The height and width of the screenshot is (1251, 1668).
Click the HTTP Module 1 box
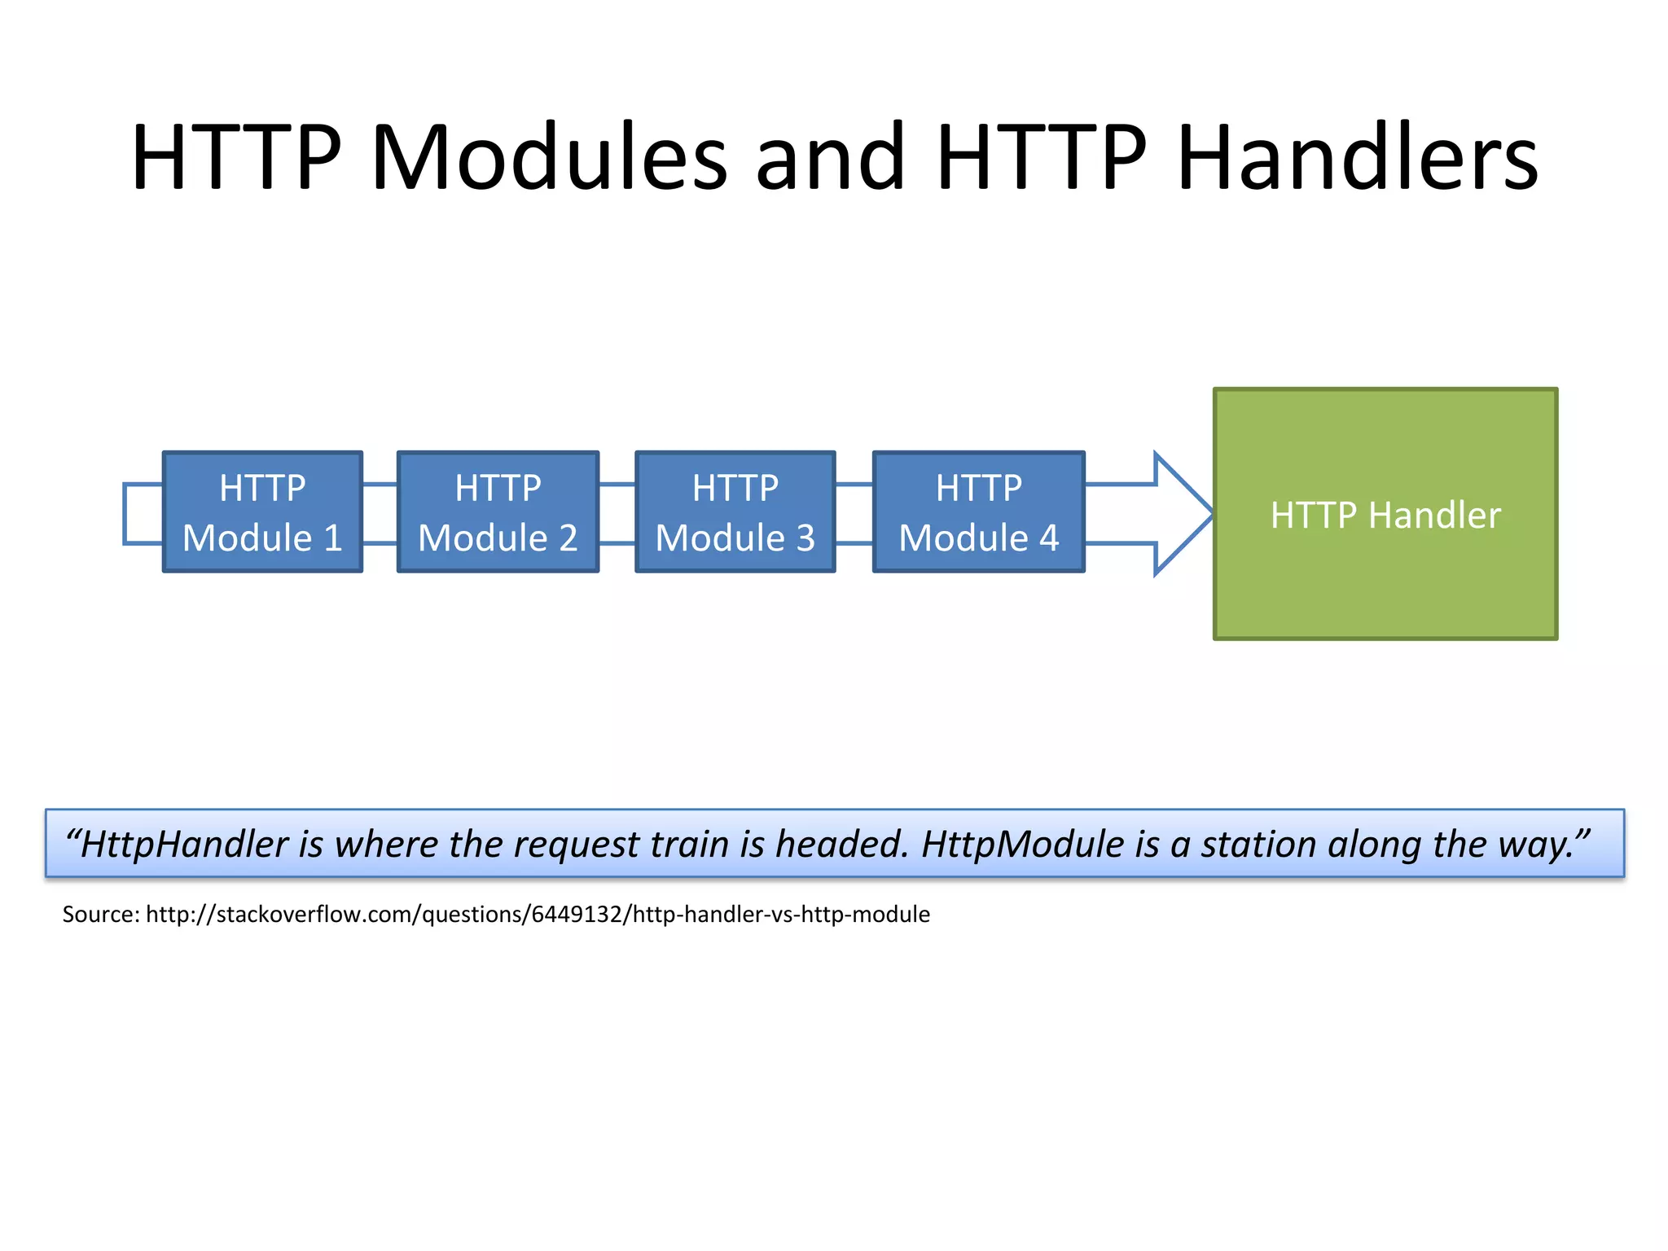click(x=262, y=512)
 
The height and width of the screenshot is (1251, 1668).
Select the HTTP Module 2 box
click(x=498, y=512)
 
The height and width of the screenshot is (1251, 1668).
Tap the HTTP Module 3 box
click(x=735, y=512)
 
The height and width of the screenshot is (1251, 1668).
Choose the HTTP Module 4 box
click(x=978, y=512)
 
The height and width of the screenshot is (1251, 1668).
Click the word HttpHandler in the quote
click(x=184, y=845)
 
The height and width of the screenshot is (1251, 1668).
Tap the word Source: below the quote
click(x=101, y=915)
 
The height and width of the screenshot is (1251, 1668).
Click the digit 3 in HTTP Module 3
click(x=805, y=538)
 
